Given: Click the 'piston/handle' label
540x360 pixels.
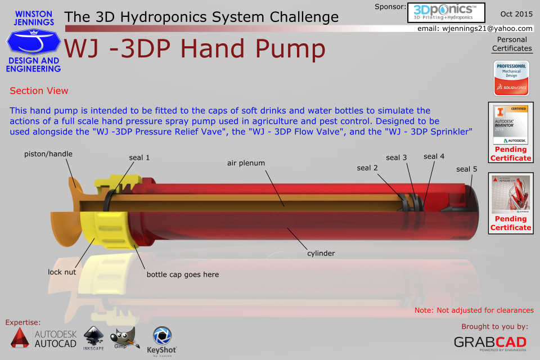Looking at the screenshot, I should click(x=48, y=154).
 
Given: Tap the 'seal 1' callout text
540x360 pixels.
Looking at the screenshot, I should click(x=139, y=157).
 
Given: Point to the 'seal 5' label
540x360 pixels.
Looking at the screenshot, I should click(x=467, y=169).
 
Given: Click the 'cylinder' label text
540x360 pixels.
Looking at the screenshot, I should click(x=321, y=253).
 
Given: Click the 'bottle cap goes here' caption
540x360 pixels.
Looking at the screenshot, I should click(x=183, y=274).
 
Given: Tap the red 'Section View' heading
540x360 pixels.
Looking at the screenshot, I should click(x=39, y=91).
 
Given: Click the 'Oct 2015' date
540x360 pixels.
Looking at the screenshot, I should click(x=516, y=13).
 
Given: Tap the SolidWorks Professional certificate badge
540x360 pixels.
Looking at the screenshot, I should click(x=511, y=78).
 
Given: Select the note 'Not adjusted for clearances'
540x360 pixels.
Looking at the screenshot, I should click(x=474, y=310).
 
